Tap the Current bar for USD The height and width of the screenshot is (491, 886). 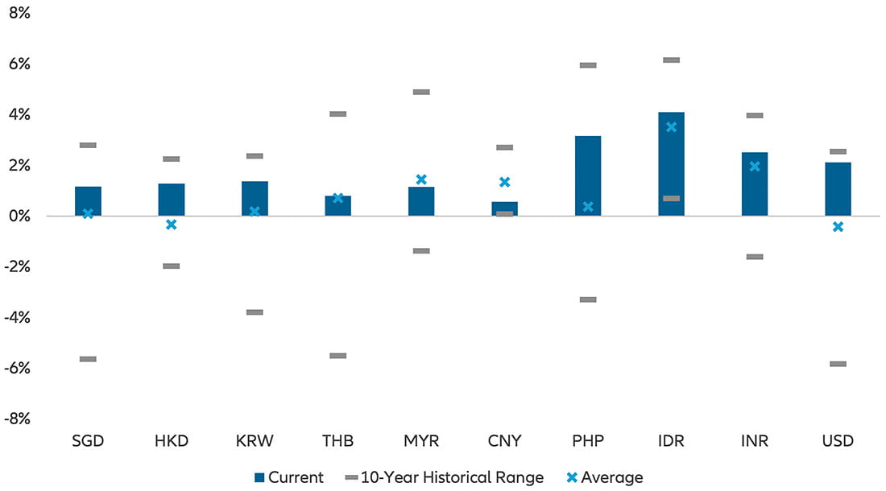coord(838,189)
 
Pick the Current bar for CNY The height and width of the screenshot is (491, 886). coord(505,208)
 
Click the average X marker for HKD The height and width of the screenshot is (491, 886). coord(171,225)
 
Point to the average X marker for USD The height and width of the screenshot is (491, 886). coord(838,227)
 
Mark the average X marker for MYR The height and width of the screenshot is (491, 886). coord(421,179)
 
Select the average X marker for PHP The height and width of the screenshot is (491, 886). coord(588,207)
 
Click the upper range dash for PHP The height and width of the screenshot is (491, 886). coord(588,65)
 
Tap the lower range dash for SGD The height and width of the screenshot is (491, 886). coord(88,359)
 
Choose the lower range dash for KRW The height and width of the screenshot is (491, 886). coord(255,312)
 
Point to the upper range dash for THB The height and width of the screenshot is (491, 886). coord(338,114)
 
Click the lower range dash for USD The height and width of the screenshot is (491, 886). coord(838,364)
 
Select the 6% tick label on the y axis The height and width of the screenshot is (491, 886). coord(19,64)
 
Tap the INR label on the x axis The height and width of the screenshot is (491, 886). coord(755,441)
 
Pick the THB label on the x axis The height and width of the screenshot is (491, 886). coord(338,441)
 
